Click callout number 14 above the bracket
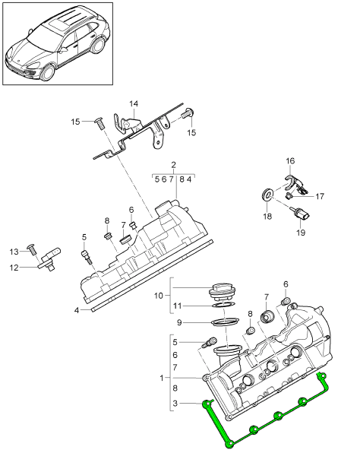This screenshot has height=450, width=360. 134,104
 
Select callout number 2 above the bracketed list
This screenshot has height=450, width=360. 173,165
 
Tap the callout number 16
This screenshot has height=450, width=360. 290,161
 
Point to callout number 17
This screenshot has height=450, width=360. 320,196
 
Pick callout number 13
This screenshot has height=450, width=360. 13,252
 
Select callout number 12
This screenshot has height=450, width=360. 13,267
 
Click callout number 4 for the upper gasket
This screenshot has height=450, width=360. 77,310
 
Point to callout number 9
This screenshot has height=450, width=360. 180,322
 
